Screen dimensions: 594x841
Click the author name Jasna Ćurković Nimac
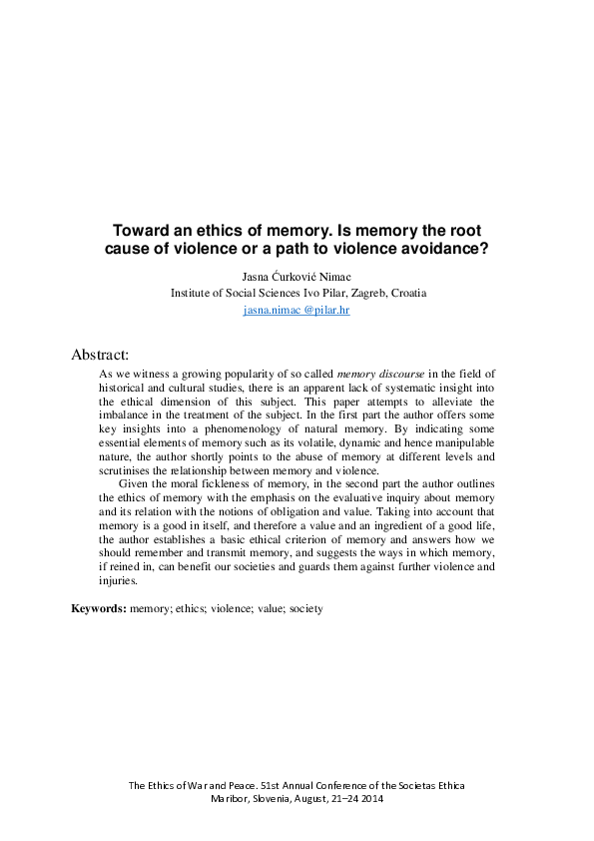tap(297, 277)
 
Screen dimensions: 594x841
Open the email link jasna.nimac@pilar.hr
tap(297, 311)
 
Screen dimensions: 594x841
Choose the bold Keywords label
tap(99, 608)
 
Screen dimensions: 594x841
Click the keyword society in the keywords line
tap(305, 608)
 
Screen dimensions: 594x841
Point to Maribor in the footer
tap(233, 799)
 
